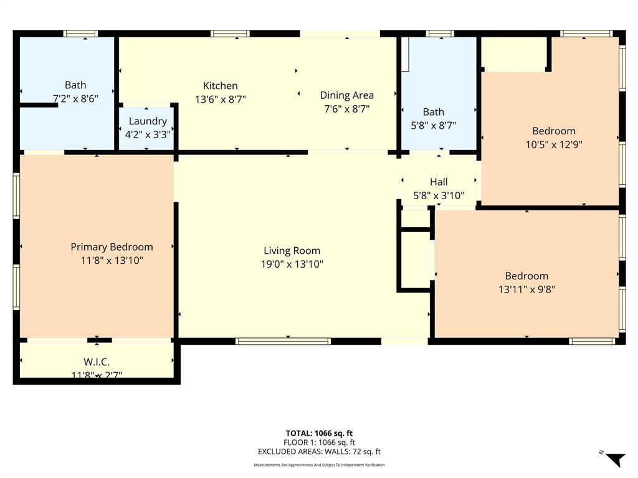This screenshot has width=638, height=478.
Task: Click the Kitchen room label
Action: (x=220, y=86)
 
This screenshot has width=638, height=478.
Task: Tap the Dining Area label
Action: (x=346, y=95)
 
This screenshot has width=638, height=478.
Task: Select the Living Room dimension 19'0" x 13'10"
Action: (x=292, y=264)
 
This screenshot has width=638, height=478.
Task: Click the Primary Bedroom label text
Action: (x=112, y=247)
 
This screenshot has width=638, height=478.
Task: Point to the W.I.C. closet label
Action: (x=97, y=362)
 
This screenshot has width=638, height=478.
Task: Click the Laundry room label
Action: (x=148, y=121)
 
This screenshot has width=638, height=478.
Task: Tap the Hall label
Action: (x=439, y=182)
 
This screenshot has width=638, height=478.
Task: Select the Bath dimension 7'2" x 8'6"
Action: (x=75, y=98)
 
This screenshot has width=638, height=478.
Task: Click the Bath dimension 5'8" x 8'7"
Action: (x=434, y=125)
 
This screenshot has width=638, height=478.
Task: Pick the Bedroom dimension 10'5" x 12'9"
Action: (x=553, y=144)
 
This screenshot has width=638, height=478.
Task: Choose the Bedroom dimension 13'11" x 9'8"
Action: (x=526, y=289)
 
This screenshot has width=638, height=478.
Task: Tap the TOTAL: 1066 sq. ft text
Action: (x=319, y=433)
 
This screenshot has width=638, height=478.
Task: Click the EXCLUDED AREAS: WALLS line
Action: (x=319, y=452)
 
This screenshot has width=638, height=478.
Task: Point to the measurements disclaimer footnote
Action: (x=319, y=465)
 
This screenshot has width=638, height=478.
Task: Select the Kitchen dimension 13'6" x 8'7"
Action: (x=220, y=99)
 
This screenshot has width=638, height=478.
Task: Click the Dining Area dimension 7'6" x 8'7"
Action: (x=346, y=108)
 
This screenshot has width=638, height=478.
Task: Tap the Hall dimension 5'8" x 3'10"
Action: (x=439, y=195)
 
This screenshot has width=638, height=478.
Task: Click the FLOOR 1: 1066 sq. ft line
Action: (x=319, y=443)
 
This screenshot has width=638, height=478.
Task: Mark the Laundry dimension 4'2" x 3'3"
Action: (x=148, y=134)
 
